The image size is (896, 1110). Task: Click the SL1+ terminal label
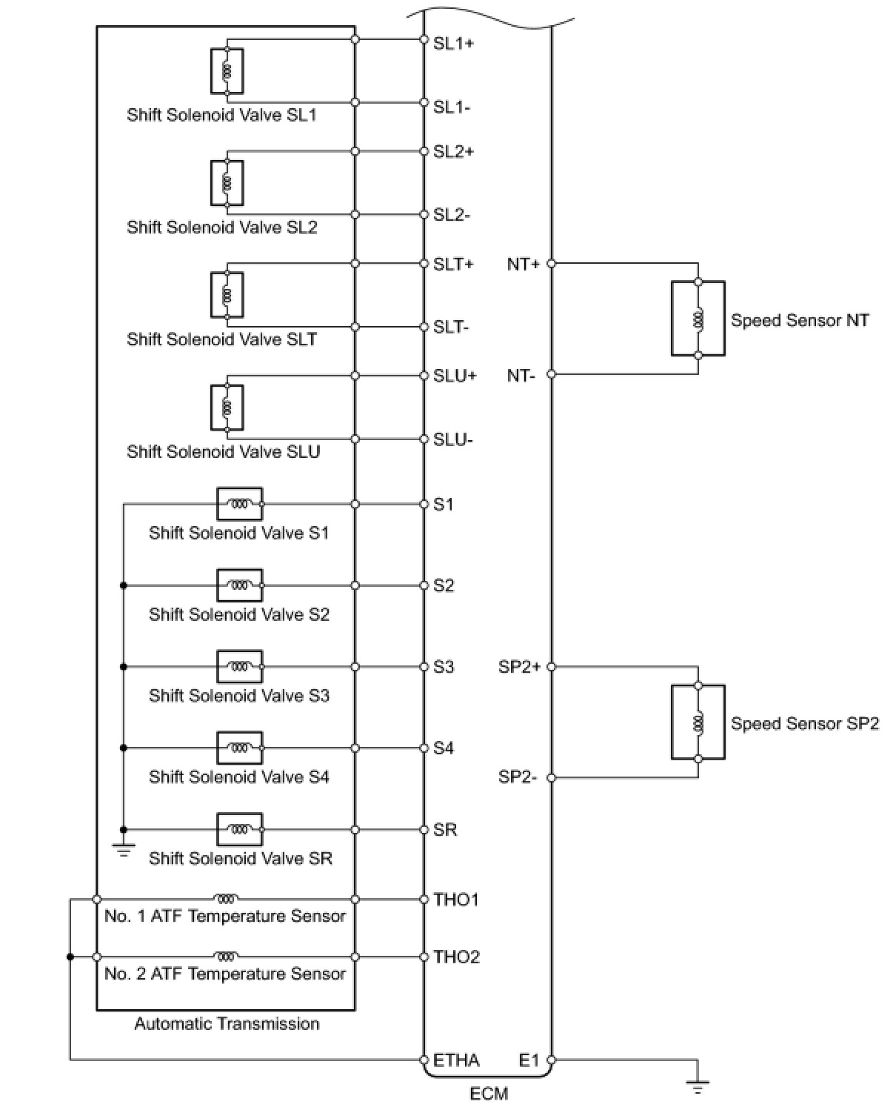453,43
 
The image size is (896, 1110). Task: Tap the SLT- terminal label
451,328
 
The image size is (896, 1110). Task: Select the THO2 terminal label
456,957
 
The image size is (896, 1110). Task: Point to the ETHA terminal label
456,1060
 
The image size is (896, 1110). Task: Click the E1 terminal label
529,1060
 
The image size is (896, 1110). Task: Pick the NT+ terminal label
523,264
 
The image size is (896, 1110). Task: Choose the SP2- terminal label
517,777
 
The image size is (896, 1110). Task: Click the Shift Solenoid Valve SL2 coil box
227,183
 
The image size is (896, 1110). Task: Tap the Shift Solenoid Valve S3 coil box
239,667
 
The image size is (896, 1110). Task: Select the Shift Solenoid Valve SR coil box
239,829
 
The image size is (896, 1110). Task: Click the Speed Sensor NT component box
698,319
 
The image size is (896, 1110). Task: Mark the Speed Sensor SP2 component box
698,722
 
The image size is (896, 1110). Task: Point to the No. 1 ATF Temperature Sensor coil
226,899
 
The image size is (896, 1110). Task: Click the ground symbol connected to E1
697,1086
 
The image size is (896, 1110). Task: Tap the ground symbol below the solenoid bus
124,849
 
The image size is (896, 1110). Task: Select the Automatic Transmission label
227,1024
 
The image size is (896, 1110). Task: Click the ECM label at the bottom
489,1094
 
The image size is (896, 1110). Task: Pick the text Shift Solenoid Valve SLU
223,452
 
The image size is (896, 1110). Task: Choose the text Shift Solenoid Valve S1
238,533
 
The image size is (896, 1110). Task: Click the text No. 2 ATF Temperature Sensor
225,974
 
